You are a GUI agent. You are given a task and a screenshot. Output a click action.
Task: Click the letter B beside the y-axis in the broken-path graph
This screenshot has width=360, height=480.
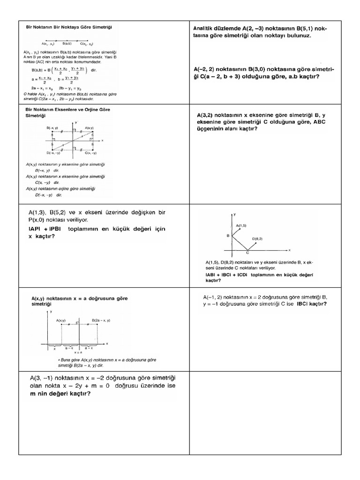coord(228,236)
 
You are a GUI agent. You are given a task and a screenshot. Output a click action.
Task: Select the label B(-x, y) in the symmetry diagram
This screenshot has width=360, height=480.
coord(52,128)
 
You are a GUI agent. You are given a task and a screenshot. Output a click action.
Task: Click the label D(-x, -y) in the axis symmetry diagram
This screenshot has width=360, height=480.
coord(53,153)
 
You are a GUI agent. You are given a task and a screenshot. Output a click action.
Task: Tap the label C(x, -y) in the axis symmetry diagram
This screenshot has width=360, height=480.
coord(90,153)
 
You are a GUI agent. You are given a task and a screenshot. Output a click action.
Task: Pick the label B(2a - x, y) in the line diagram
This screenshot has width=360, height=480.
coord(101,320)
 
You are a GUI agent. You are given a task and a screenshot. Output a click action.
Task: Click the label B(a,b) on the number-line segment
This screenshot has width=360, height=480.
coord(67,43)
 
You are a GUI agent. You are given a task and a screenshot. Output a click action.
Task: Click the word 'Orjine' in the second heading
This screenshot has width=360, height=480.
coord(86,109)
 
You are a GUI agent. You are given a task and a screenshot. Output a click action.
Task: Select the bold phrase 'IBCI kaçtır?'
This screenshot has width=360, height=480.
coord(312,304)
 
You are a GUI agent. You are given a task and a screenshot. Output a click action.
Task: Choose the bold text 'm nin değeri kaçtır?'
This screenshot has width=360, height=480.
coord(60,394)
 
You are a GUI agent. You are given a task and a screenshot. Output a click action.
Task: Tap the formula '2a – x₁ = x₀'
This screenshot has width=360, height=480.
coord(43,88)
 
